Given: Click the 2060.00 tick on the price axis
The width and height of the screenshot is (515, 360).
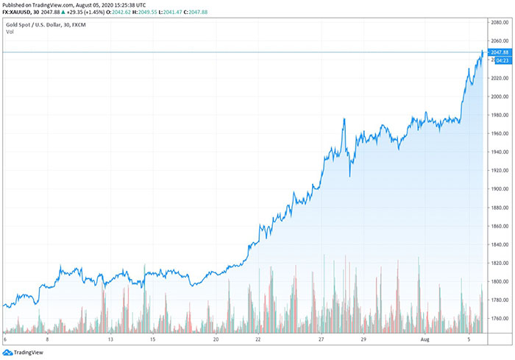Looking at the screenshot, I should point(500,41).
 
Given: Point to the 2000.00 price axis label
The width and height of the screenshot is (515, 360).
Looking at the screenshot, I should point(500,96).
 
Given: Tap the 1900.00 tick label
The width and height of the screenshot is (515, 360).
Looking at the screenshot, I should point(500,189).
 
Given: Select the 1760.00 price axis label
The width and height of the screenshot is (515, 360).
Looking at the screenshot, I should point(500,319).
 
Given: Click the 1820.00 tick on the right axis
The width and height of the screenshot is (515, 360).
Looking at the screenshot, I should point(500,263).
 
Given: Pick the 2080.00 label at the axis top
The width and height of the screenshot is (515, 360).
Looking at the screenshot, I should point(500,23).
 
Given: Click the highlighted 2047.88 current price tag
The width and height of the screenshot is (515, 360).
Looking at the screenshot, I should point(500,52).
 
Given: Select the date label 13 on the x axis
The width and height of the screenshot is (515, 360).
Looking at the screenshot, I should point(109,340).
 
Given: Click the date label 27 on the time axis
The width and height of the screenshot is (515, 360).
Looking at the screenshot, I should point(322,340).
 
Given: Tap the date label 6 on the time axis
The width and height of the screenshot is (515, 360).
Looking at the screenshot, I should point(5,340).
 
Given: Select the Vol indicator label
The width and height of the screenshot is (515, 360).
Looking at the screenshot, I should point(9,32).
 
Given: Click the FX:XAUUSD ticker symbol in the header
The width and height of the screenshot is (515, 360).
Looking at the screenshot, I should point(22,12).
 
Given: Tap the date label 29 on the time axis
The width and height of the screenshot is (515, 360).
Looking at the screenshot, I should point(364,340).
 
